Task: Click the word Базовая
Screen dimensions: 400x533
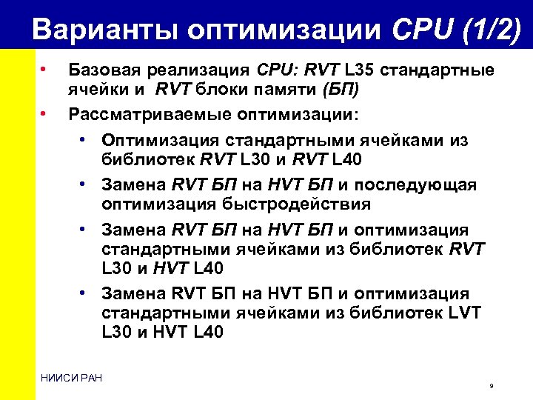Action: (x=101, y=71)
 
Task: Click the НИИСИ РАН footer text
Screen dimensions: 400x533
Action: (x=73, y=379)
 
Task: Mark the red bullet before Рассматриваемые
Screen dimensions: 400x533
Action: (x=44, y=114)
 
